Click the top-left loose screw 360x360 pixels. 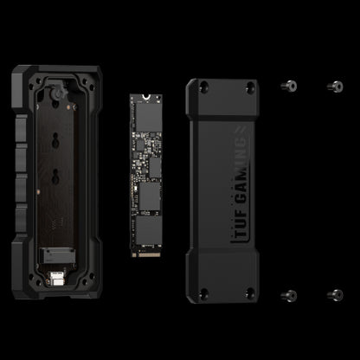(x=289, y=86)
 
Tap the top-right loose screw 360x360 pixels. (x=335, y=87)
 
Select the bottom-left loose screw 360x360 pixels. (x=289, y=295)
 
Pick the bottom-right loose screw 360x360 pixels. (x=335, y=295)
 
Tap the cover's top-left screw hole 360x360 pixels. (x=204, y=87)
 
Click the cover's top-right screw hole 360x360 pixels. (x=250, y=87)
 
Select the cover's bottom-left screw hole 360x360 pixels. (x=204, y=293)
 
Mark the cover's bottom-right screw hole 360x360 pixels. (x=250, y=293)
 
